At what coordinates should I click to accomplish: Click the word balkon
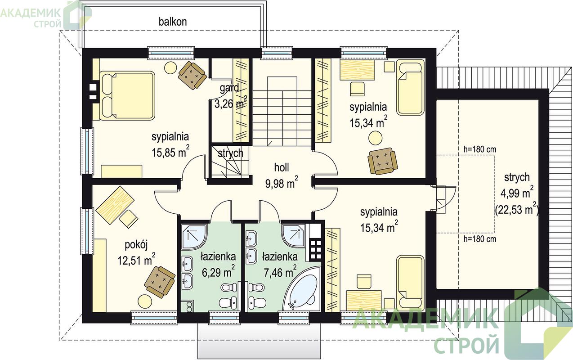pyautogui.click(x=173, y=22)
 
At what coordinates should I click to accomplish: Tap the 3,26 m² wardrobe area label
pyautogui.click(x=231, y=103)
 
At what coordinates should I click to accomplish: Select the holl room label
pyautogui.click(x=282, y=167)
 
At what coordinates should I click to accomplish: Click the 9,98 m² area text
pyautogui.click(x=282, y=183)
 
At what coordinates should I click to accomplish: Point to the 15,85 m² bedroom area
pyautogui.click(x=170, y=152)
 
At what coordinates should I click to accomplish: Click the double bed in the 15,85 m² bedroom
pyautogui.click(x=127, y=95)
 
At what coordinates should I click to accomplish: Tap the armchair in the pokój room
pyautogui.click(x=160, y=282)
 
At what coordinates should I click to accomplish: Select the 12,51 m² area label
pyautogui.click(x=136, y=260)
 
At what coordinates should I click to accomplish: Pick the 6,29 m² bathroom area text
pyautogui.click(x=218, y=272)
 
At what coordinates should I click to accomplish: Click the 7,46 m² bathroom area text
pyautogui.click(x=280, y=272)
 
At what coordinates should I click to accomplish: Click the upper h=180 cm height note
pyautogui.click(x=479, y=149)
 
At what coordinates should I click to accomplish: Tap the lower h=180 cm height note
pyautogui.click(x=479, y=239)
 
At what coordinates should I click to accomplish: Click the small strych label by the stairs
pyautogui.click(x=230, y=153)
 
